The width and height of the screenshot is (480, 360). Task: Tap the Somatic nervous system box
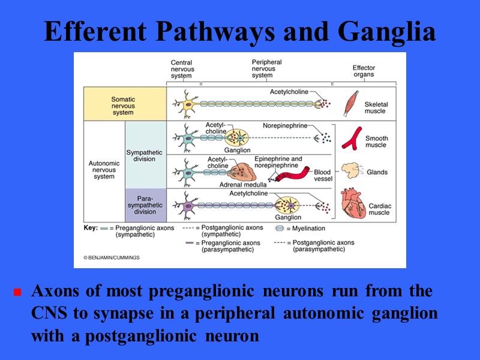tap(124, 105)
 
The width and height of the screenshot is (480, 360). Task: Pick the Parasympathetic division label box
tap(145, 204)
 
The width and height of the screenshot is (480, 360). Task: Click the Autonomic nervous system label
tap(104, 169)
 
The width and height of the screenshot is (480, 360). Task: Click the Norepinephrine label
tap(284, 125)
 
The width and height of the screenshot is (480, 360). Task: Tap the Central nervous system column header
tap(181, 69)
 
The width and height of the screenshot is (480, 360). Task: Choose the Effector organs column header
tap(364, 71)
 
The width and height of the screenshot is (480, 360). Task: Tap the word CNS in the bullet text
tap(47, 314)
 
